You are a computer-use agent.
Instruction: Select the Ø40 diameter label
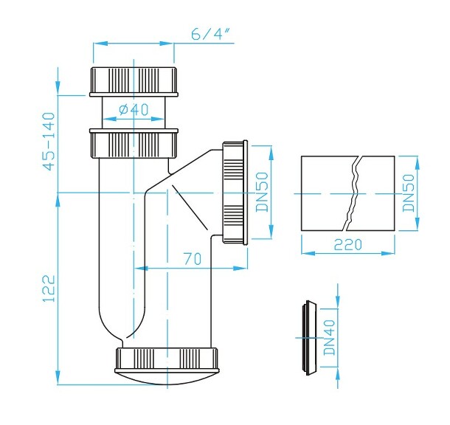click(133, 110)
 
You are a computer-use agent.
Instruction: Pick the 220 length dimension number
click(347, 244)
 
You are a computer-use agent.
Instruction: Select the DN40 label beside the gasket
click(330, 336)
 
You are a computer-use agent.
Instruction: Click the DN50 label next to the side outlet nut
click(261, 193)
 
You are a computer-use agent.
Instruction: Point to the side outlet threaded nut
click(235, 192)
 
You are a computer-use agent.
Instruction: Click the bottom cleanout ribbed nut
click(169, 359)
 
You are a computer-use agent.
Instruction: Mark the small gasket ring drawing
click(308, 336)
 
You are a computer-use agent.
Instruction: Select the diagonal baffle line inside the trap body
click(190, 210)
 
